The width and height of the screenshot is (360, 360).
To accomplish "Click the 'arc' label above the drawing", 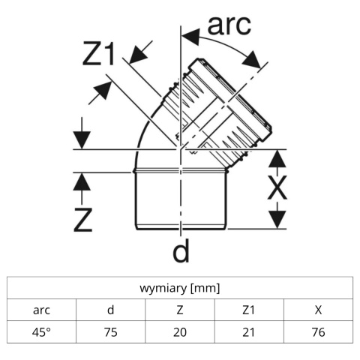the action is [x=229, y=25].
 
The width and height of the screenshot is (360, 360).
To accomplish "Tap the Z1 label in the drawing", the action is [x=99, y=54].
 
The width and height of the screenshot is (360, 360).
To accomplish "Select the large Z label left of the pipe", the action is [x=83, y=220].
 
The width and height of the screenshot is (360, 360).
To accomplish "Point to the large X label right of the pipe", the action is [x=277, y=187].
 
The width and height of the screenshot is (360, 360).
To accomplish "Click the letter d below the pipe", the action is [x=181, y=250].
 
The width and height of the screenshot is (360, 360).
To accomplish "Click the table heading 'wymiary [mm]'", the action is [x=180, y=288].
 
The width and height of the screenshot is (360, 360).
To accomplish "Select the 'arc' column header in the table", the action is [x=41, y=310].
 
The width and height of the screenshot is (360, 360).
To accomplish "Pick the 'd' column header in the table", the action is [x=110, y=310].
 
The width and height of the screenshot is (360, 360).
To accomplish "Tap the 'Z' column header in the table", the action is [x=180, y=310].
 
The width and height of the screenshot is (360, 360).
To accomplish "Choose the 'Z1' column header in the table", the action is [x=249, y=310].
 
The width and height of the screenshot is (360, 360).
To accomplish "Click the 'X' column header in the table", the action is [x=318, y=310].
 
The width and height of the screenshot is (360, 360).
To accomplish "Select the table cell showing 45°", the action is [x=41, y=332].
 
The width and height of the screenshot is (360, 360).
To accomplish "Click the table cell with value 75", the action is [x=110, y=332].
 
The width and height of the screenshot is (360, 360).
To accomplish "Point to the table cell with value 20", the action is [x=180, y=332].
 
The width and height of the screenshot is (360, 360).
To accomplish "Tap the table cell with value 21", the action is [x=249, y=332].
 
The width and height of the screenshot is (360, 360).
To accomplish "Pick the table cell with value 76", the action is [x=318, y=332].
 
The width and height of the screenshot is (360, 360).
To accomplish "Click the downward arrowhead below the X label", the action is [x=277, y=220].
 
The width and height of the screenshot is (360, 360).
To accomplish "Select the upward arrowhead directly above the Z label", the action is [x=82, y=181].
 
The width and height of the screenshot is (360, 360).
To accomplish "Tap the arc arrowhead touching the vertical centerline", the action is [x=190, y=37].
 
